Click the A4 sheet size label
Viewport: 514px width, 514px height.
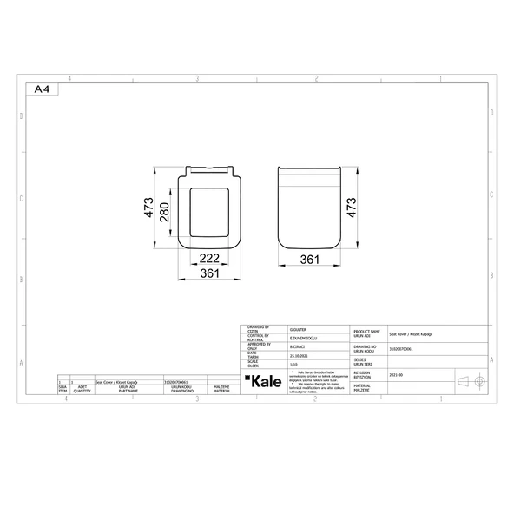tap(41, 89)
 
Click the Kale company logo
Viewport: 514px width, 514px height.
tap(261, 383)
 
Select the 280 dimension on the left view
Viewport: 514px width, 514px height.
tap(162, 210)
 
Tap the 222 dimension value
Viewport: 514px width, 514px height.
tap(208, 259)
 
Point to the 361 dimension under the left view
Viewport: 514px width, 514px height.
tap(209, 273)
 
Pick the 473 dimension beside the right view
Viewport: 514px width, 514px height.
tap(353, 210)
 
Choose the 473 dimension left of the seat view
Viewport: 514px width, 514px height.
tap(148, 208)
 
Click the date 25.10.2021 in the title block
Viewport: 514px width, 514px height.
tap(299, 354)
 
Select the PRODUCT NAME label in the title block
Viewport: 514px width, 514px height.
tap(366, 331)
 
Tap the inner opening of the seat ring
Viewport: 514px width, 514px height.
tap(208, 210)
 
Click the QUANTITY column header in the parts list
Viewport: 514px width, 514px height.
tap(82, 391)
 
